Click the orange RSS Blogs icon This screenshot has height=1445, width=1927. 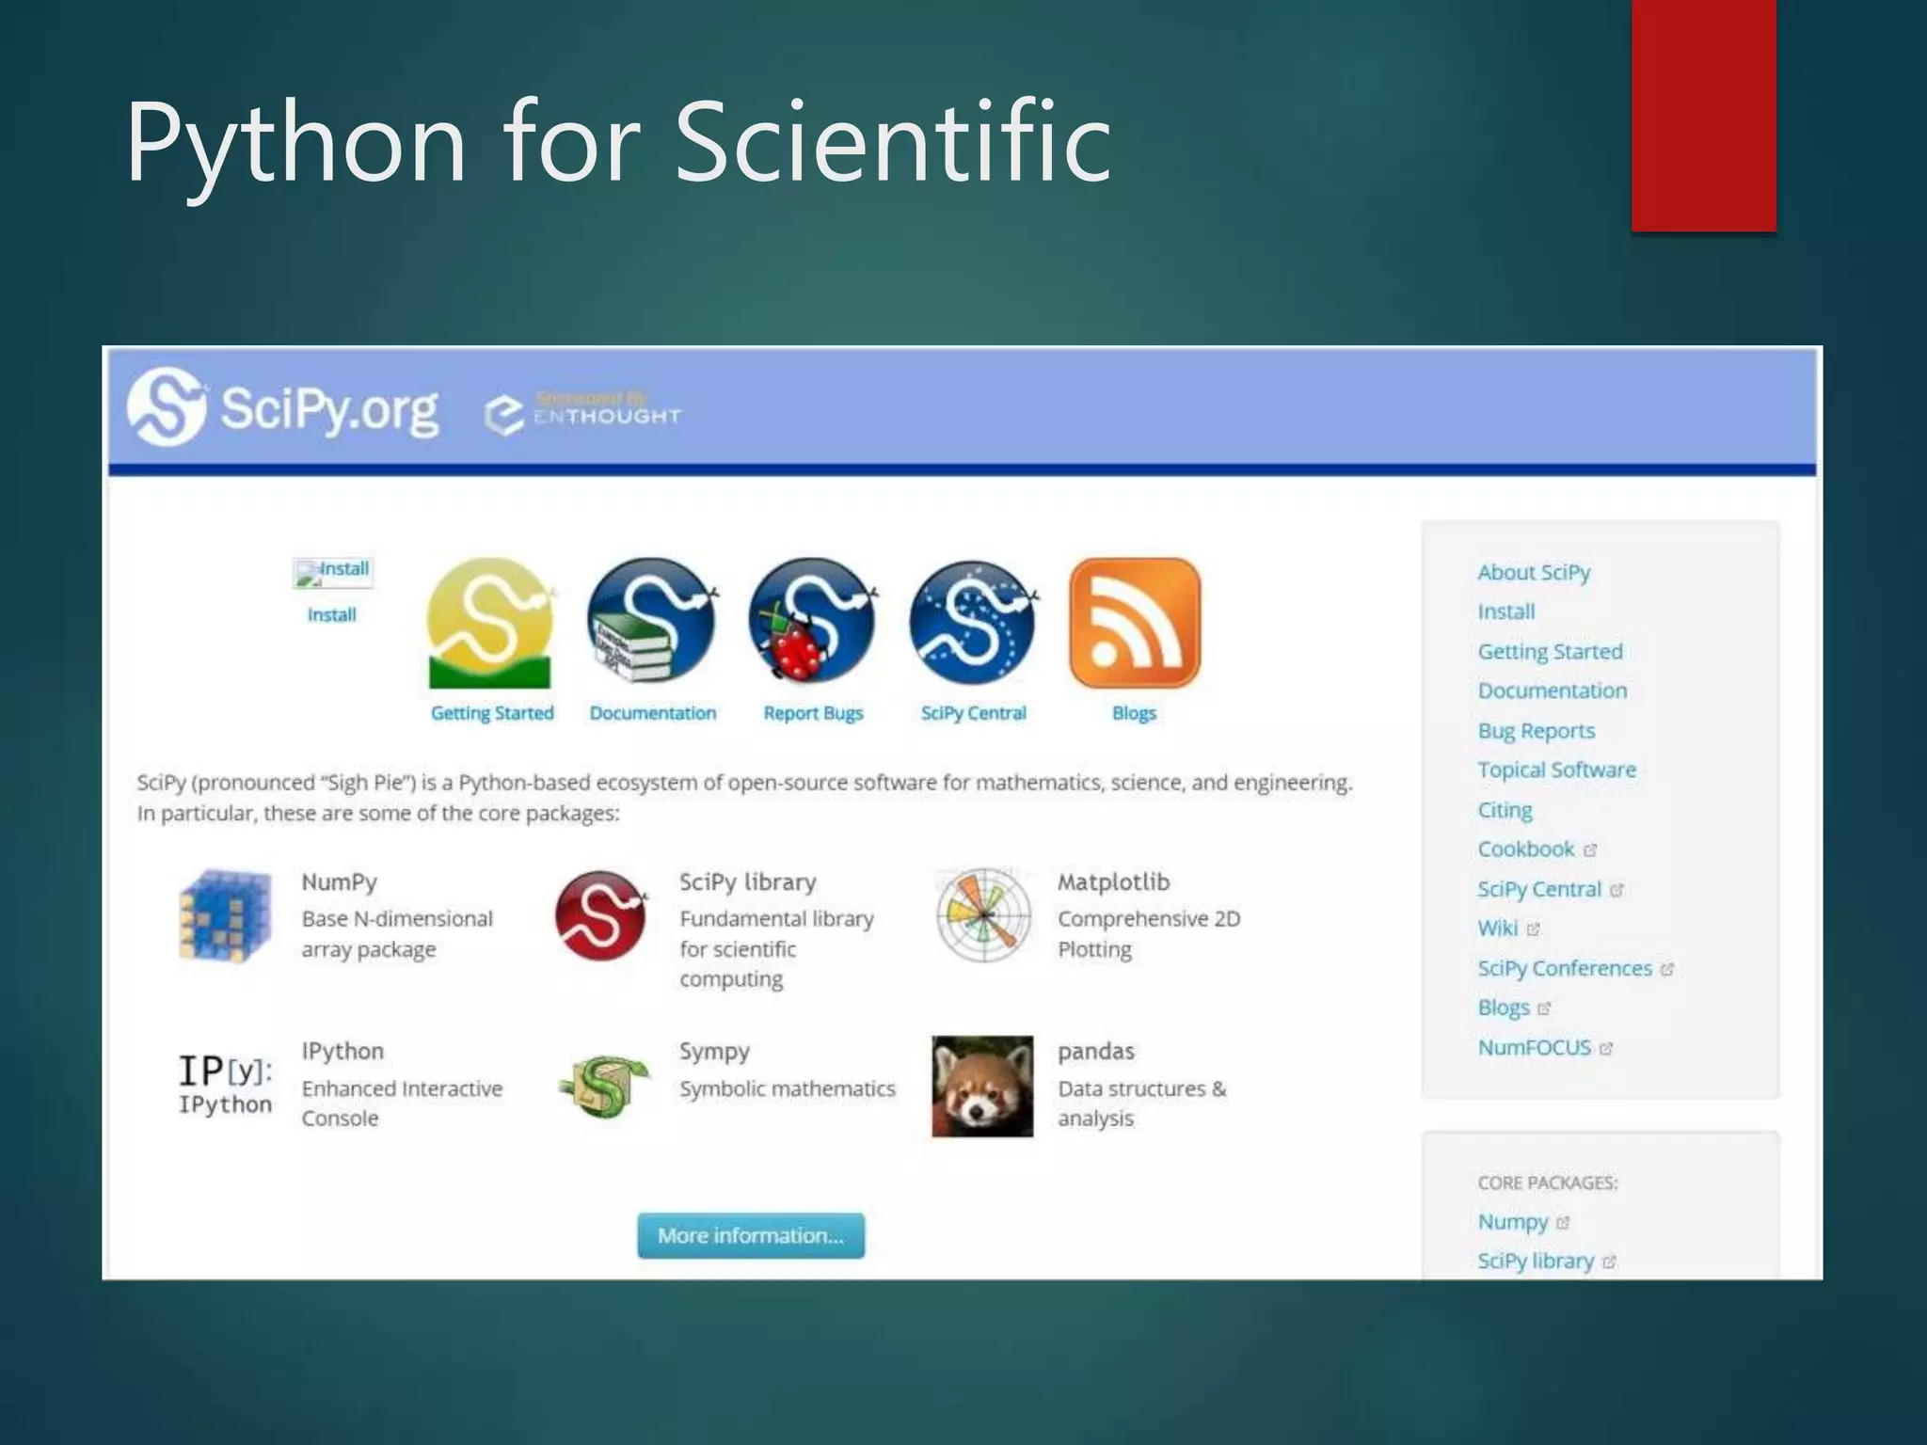click(x=1135, y=623)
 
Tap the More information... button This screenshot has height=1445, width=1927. click(x=750, y=1235)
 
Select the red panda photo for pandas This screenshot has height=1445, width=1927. click(x=982, y=1087)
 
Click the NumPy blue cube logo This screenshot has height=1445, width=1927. click(x=226, y=915)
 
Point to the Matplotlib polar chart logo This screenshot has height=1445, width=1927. click(x=983, y=914)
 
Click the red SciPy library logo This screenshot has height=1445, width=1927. click(x=601, y=915)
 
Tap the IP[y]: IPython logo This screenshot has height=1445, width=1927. click(x=226, y=1084)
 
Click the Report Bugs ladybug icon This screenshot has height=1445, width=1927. click(x=813, y=621)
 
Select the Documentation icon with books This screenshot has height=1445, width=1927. click(x=651, y=621)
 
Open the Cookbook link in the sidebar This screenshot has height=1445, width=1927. click(x=1525, y=850)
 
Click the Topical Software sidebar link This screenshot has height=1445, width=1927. click(x=1556, y=770)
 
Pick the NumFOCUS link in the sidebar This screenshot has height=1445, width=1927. click(x=1534, y=1047)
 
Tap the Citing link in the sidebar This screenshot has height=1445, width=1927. click(x=1505, y=810)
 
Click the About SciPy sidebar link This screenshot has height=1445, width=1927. click(x=1534, y=572)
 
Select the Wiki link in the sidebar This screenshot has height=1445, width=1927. click(x=1498, y=929)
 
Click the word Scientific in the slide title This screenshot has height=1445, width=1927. click(x=893, y=143)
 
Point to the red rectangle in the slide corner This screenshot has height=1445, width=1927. click(x=1703, y=115)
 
